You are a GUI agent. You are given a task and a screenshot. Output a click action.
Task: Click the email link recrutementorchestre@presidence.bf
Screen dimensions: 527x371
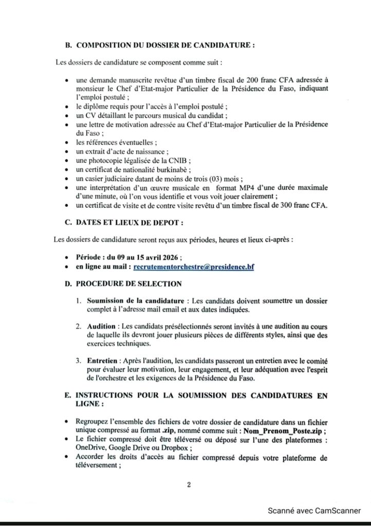tap(194, 268)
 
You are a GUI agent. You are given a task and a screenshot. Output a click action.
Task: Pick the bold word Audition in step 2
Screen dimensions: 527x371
tap(101, 326)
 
